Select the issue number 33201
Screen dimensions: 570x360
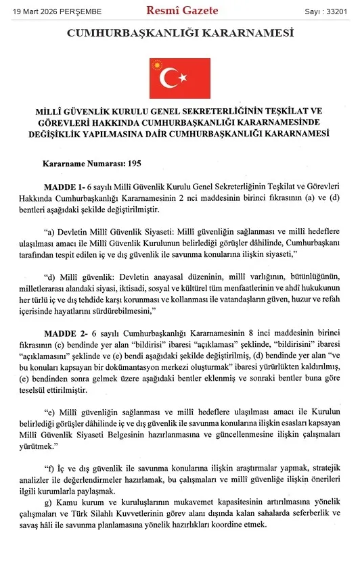[x=339, y=11]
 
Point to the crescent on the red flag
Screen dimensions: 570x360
[x=170, y=78]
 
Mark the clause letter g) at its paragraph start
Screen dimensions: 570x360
[x=47, y=502]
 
